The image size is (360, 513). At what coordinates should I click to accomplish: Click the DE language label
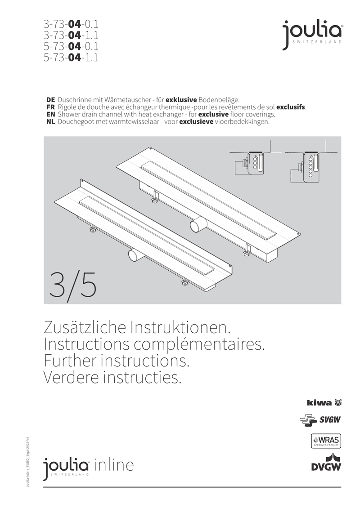tap(50, 99)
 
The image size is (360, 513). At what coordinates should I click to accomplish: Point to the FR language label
tap(50, 107)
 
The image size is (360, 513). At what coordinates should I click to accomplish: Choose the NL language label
tap(50, 122)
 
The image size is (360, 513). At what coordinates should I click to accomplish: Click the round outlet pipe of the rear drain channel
tap(196, 223)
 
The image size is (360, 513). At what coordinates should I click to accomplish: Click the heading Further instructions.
tap(115, 361)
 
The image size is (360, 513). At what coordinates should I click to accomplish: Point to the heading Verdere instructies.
tap(112, 378)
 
